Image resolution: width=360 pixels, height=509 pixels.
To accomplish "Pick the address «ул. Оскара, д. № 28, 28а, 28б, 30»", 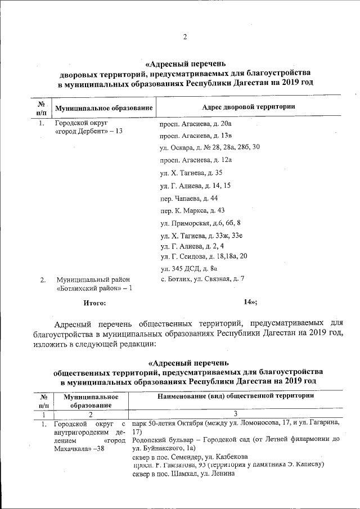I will coord(209,147).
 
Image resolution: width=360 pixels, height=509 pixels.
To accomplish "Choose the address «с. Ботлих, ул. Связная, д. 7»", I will coord(202,278).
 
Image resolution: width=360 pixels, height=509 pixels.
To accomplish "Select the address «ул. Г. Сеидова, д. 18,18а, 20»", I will coord(204,256).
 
